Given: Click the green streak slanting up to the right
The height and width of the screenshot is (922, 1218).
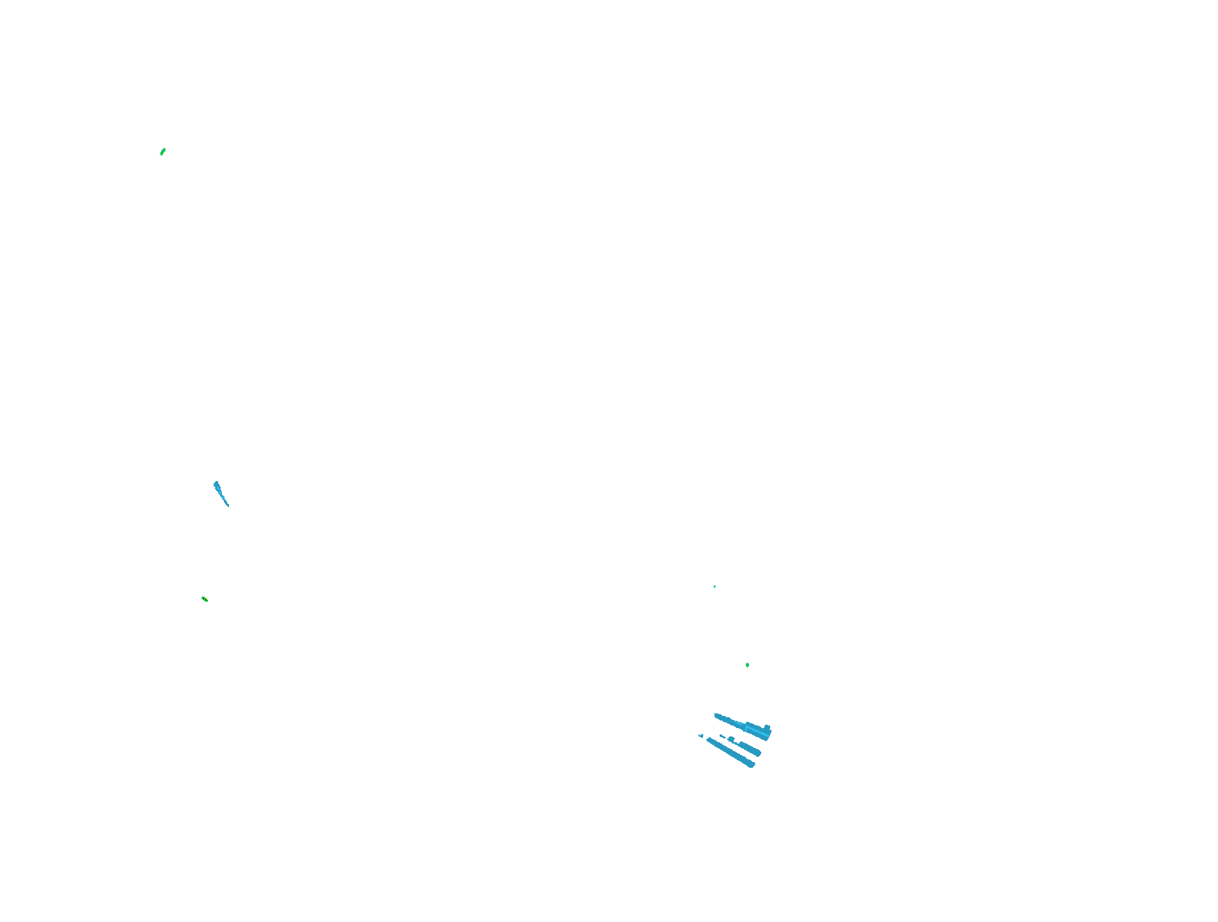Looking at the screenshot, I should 163,152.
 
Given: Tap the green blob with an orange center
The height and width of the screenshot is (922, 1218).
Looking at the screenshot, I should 205,599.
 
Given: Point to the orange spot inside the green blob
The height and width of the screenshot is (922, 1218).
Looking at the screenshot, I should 204,599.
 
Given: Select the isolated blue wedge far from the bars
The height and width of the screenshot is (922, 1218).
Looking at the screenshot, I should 220,493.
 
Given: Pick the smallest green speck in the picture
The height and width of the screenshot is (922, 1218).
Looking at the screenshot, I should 715,586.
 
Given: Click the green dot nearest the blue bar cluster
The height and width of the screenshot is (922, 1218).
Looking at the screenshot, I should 747,665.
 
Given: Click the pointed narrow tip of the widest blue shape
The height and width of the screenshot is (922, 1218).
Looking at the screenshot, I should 716,715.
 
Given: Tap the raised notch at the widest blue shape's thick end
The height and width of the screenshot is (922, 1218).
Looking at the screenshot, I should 768,727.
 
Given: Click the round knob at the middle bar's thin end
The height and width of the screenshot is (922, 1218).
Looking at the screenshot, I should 731,739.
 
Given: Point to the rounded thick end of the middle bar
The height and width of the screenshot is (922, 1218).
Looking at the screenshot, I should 758,753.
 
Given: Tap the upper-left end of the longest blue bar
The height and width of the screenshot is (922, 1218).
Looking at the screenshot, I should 709,740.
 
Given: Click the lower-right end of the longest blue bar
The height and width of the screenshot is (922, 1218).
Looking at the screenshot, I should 752,765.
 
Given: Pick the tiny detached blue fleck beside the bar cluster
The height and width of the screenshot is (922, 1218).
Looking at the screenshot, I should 700,736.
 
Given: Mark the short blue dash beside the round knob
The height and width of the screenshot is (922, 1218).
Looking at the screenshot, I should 723,736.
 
